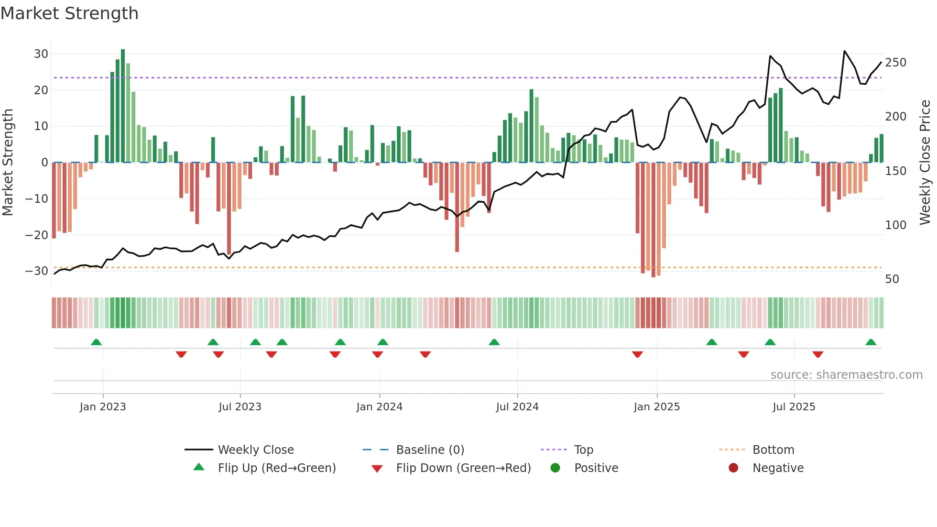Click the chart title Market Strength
69,13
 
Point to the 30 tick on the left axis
41,54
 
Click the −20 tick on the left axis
37,235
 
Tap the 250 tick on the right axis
895,63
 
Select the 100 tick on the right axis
895,225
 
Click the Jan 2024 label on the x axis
379,407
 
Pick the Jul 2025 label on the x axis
794,407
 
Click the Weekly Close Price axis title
925,162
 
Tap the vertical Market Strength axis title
8,162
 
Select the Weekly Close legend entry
255,450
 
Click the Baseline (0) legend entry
430,450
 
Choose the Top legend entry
583,450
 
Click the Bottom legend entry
773,450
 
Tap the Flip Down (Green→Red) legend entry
463,468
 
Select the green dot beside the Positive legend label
555,468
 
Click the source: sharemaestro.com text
846,375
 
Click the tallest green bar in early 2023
123,105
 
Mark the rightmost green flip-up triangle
871,342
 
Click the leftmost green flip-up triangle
96,342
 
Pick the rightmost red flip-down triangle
817,354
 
